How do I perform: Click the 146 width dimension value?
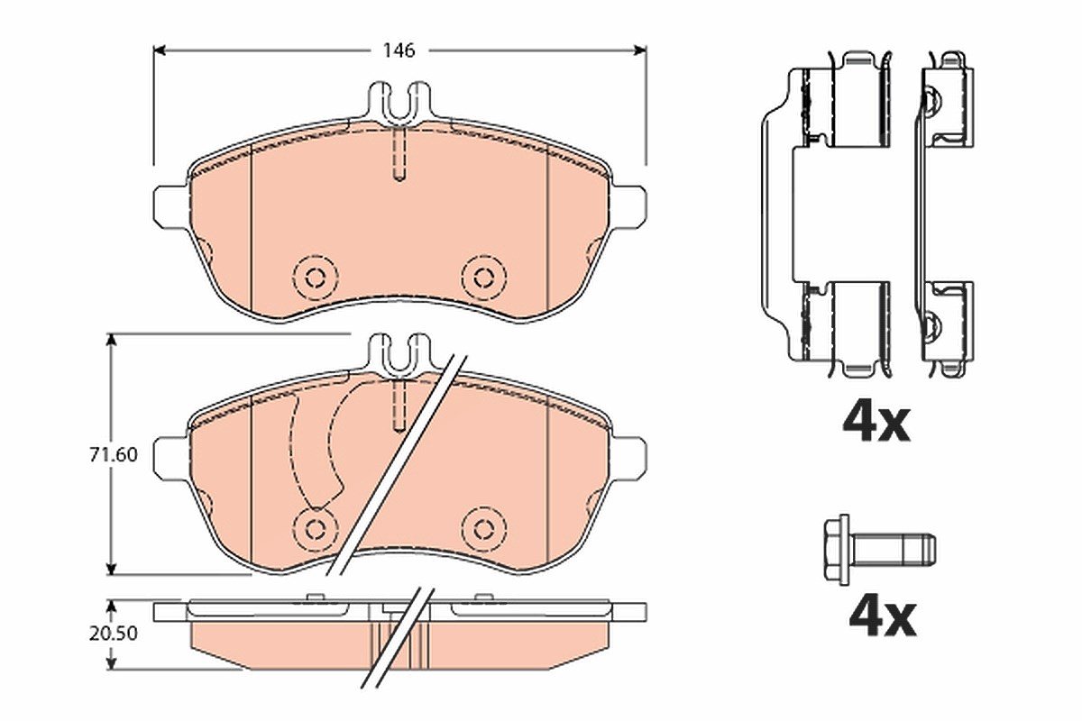click(399, 50)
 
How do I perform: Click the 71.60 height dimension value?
click(114, 454)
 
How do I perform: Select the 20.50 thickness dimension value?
click(114, 633)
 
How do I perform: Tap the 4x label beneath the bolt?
click(883, 618)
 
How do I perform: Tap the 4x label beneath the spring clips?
click(876, 424)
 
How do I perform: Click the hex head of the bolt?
click(837, 550)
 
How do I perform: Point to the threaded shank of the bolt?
click(893, 550)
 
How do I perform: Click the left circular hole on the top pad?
click(316, 278)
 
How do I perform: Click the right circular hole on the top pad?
click(483, 278)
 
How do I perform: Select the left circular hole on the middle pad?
click(316, 529)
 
